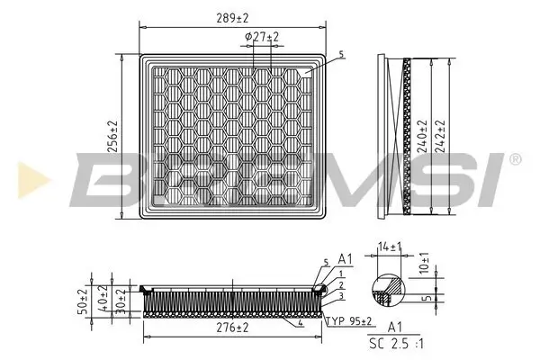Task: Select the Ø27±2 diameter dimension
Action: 262,36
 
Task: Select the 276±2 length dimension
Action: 232,328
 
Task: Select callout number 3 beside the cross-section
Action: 341,295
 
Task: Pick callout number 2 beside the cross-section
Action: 341,284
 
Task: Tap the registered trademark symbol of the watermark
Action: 514,159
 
